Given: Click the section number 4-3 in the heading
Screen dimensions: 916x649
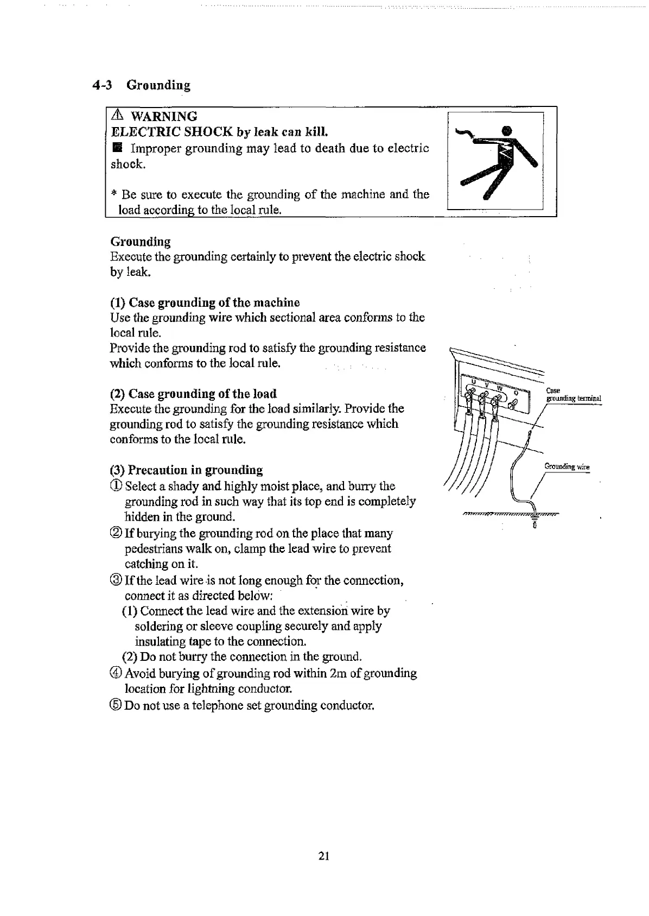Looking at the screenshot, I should coord(102,85).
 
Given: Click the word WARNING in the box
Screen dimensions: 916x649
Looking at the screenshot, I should coord(164,116).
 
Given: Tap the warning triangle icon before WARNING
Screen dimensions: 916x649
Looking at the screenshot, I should coord(118,116).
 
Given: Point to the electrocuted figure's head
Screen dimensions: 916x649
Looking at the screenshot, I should coord(507,130).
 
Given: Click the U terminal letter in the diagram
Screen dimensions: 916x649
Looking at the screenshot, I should coord(472,382).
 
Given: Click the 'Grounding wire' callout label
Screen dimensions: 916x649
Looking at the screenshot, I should coord(567,467).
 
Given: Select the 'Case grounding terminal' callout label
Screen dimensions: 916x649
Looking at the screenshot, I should coord(572,395).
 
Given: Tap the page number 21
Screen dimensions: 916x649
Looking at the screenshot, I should coord(324,856).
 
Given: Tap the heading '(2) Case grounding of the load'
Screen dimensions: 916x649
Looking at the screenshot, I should coord(193,394).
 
